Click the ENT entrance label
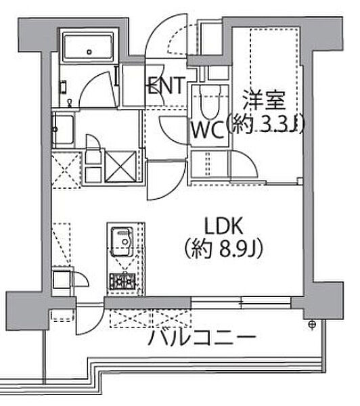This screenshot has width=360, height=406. click(166, 85)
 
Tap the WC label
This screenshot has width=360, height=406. click(208, 130)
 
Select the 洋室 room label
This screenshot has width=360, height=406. click(264, 100)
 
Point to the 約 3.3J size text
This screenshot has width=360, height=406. click(264, 125)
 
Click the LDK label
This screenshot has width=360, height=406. click(224, 226)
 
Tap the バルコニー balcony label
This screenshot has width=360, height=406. click(202, 337)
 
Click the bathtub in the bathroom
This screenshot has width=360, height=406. click(89, 47)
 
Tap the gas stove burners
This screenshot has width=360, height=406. click(122, 281)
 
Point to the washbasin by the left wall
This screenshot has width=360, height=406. click(63, 129)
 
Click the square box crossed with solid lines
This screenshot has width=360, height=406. click(120, 166)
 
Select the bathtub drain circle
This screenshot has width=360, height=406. click(89, 52)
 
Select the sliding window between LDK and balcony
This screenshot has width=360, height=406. click(242, 302)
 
